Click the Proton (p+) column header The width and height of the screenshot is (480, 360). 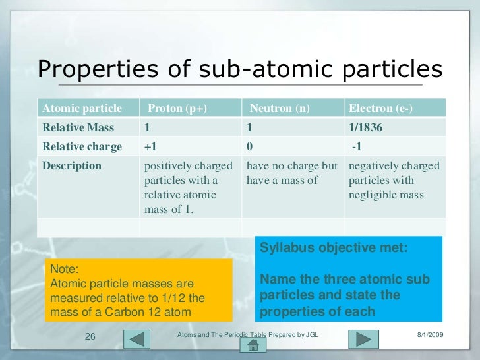click(177, 108)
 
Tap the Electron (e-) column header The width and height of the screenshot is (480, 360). click(380, 108)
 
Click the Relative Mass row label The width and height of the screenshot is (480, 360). click(78, 127)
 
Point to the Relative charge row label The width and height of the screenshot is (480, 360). click(82, 146)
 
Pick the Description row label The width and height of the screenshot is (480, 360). click(72, 165)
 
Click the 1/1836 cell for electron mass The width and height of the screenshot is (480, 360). click(367, 127)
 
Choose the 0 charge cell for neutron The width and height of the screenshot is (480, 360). click(250, 146)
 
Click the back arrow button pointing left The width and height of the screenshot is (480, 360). click(138, 339)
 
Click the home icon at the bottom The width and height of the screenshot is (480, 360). click(252, 346)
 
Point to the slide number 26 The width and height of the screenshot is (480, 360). click(92, 337)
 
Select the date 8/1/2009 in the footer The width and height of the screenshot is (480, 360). click(431, 336)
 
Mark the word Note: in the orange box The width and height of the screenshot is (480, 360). click(64, 270)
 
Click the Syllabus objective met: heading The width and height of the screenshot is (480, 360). click(334, 249)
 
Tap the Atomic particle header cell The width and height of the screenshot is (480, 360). click(82, 108)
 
